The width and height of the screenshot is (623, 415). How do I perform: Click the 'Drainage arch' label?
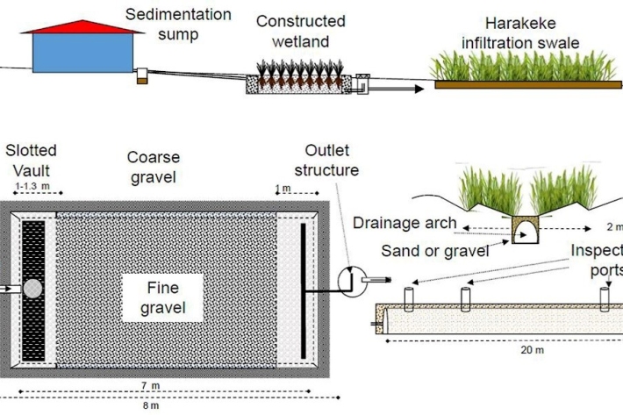tap(405, 223)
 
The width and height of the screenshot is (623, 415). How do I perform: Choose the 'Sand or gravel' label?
tap(421, 251)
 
